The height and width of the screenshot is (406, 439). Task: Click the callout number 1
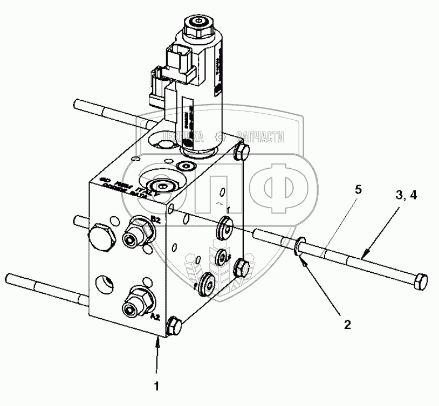point(157,387)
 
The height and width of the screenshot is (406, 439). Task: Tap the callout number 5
point(358,189)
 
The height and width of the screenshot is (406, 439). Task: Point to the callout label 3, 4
point(406,197)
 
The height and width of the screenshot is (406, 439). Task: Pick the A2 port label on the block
point(154,317)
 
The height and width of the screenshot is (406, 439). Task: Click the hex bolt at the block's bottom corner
point(174,326)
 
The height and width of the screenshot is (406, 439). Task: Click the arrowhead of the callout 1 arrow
point(157,339)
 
